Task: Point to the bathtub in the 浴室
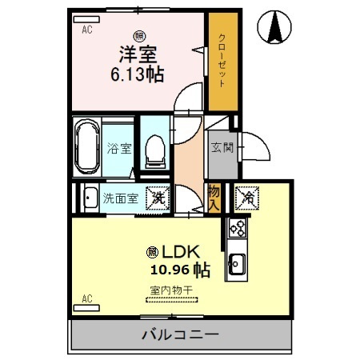(86, 148)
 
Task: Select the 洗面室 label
(120, 198)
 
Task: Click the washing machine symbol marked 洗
(158, 198)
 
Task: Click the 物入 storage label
(214, 198)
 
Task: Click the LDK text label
(171, 250)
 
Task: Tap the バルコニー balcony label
(180, 334)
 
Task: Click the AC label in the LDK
(86, 299)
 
